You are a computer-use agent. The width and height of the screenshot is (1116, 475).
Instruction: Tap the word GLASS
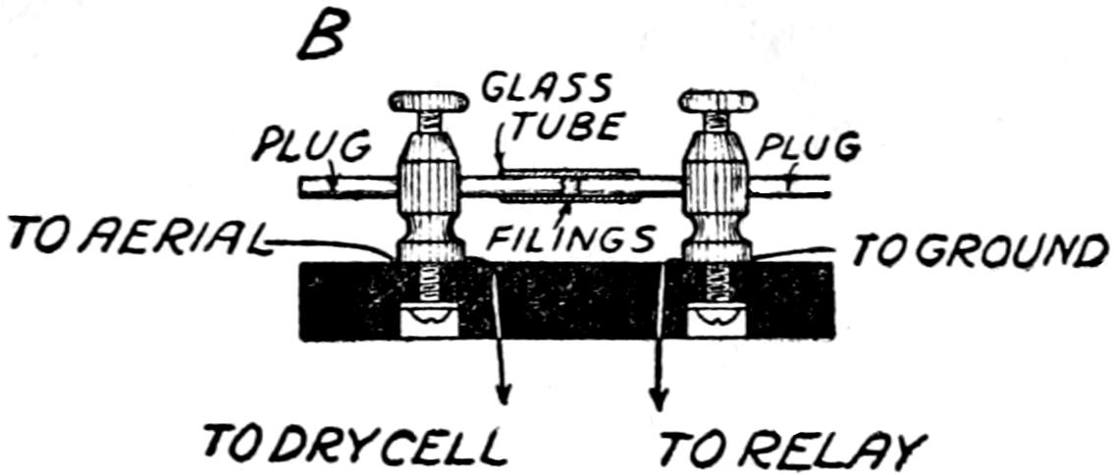coord(546,90)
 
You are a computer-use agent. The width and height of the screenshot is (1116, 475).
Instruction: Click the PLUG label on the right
coord(809,147)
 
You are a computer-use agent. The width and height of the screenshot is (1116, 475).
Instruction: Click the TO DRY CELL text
coord(354,446)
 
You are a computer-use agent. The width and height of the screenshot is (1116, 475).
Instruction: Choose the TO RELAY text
coord(791,449)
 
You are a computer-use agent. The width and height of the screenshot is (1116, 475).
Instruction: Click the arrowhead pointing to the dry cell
coord(505,393)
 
